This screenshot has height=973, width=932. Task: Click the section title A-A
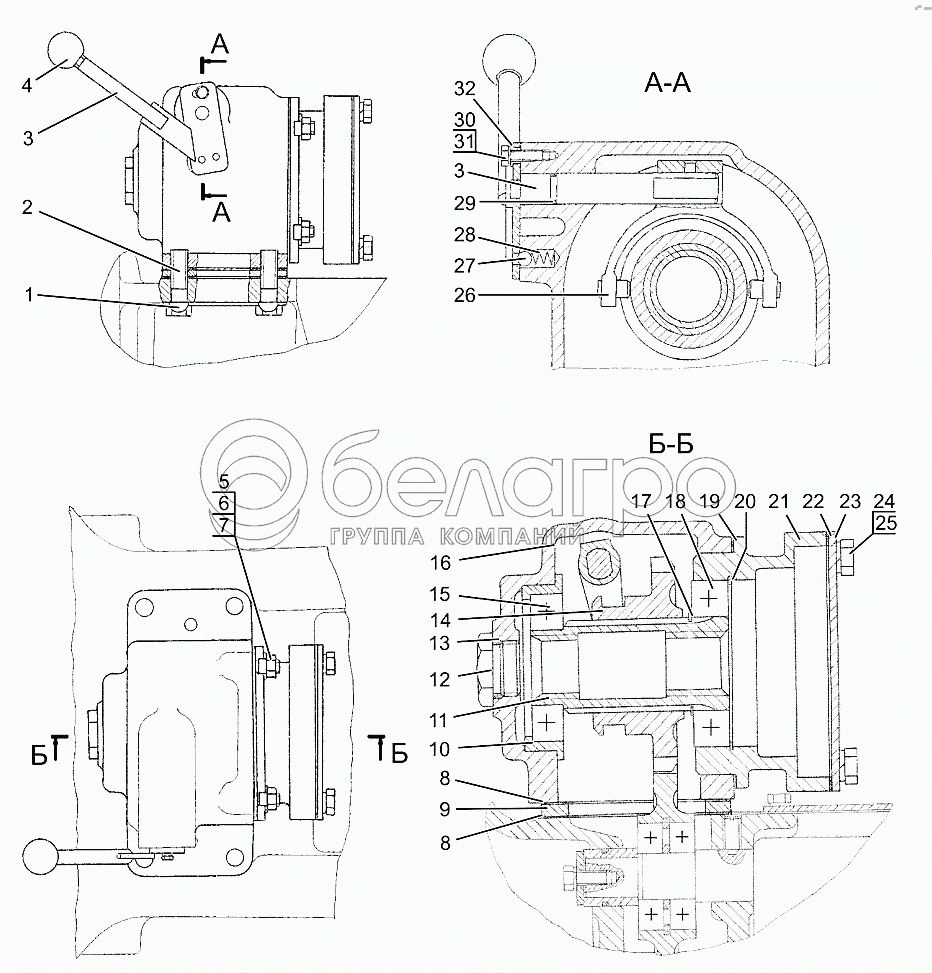[x=667, y=83]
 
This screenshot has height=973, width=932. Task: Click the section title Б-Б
[x=671, y=444]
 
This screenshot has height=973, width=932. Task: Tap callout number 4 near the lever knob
[x=27, y=85]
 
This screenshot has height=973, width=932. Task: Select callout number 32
[x=464, y=89]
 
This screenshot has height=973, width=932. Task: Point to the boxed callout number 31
[x=464, y=141]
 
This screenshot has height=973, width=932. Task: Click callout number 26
[x=464, y=295]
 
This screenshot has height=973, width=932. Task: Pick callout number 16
[x=441, y=563]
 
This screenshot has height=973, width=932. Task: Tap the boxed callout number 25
[x=885, y=523]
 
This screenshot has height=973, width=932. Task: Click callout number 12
[x=439, y=679]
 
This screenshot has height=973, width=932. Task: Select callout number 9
[x=445, y=809]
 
